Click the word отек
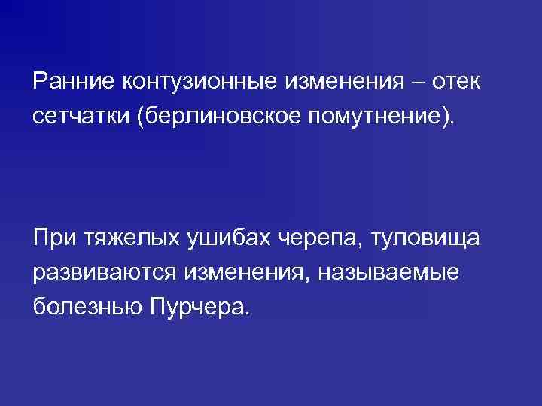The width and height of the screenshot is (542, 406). (x=455, y=80)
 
